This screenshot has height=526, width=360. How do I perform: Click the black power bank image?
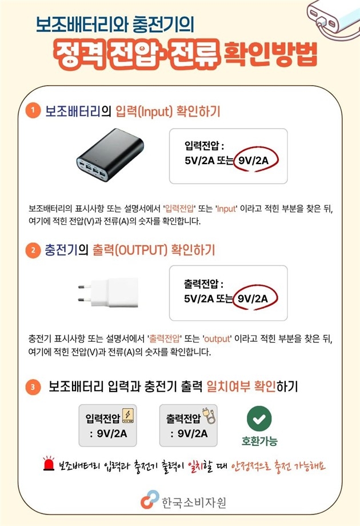pyautogui.click(x=111, y=156)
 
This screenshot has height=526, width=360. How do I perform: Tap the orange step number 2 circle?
pyautogui.click(x=34, y=250)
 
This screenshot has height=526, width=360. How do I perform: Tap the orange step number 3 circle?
pyautogui.click(x=34, y=387)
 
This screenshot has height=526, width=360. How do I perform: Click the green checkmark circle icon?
pyautogui.click(x=259, y=419)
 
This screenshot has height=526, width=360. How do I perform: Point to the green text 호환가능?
pyautogui.click(x=259, y=441)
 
